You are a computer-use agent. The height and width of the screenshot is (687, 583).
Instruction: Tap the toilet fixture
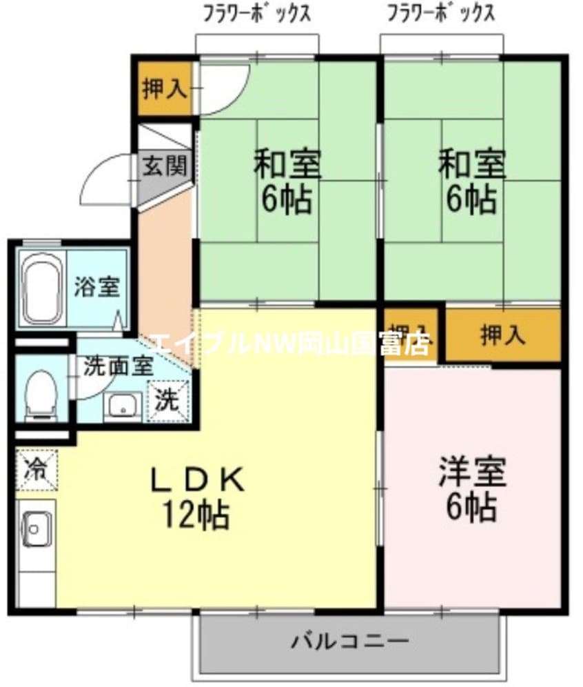pyautogui.click(x=41, y=394)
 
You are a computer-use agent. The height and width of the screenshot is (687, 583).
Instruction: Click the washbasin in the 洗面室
pyautogui.click(x=123, y=406)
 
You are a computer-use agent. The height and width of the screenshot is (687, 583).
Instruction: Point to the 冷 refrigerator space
pyautogui.click(x=34, y=470)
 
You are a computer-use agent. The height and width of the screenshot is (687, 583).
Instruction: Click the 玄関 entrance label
pyautogui.click(x=165, y=166)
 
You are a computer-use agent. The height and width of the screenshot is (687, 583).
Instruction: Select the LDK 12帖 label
pyautogui.click(x=196, y=497)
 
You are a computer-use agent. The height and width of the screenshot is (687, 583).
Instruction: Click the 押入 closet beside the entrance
pyautogui.click(x=163, y=89)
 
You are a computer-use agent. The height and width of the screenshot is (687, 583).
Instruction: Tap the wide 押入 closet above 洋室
pyautogui.click(x=502, y=335)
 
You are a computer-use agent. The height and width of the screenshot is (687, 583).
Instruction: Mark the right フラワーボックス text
pyautogui.click(x=441, y=13)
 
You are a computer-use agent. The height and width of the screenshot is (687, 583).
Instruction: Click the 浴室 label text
pyautogui.click(x=97, y=286)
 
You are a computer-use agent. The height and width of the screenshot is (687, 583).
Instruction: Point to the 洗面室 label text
pyautogui.click(x=118, y=366)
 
